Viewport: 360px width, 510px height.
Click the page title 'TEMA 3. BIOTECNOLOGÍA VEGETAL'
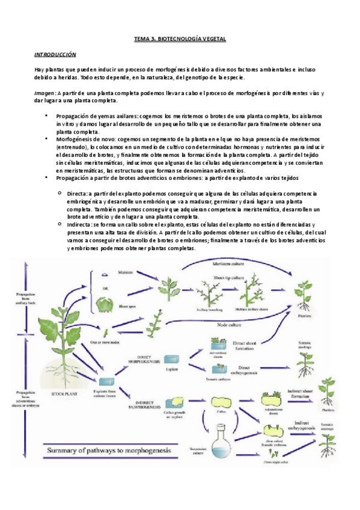click(x=179, y=40)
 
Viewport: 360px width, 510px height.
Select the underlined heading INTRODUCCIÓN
click(x=56, y=54)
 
